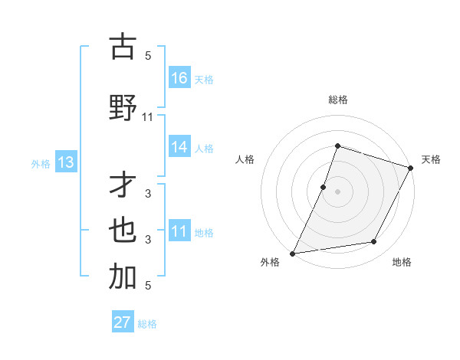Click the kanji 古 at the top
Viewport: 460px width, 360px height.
tap(122, 47)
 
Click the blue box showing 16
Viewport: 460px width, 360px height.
tap(179, 77)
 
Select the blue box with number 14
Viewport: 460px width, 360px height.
tap(179, 147)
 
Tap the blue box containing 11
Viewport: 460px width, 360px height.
tap(179, 231)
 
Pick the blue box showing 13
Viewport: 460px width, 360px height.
tap(65, 162)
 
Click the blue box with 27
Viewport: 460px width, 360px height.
tap(123, 322)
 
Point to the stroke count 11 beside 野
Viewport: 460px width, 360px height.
tap(148, 116)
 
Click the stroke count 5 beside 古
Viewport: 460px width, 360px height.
tap(148, 55)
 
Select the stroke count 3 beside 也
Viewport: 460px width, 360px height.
tap(148, 239)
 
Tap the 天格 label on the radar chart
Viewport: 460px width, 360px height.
tap(431, 159)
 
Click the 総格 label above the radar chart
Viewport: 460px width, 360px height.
tap(337, 100)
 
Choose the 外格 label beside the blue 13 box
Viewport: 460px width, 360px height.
tap(41, 163)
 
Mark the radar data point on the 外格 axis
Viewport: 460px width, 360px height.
tap(293, 253)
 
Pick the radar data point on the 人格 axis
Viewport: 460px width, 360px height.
tap(324, 187)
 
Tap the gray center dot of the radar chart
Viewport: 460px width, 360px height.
tap(337, 191)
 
